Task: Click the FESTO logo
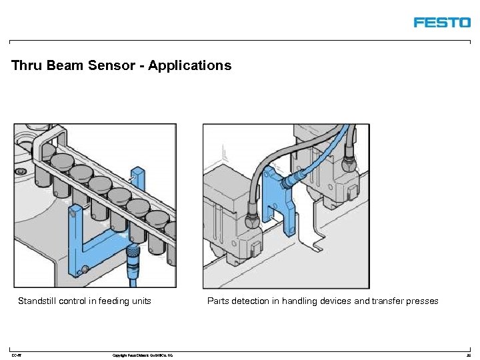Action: [442, 23]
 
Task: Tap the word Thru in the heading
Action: [27, 65]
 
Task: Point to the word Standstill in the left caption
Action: [37, 301]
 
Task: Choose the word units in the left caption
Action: [141, 301]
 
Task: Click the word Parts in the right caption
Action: [218, 301]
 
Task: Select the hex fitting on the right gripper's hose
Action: [348, 163]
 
